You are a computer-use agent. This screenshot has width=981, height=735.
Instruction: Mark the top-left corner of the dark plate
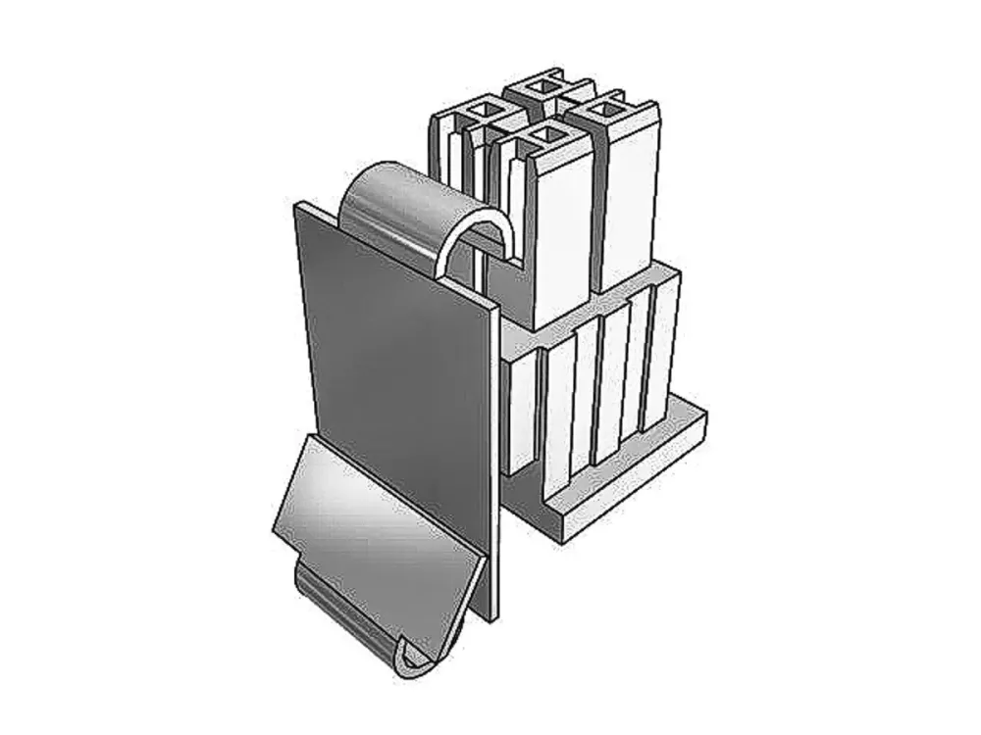click(x=298, y=206)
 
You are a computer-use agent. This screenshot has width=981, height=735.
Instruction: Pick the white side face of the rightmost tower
click(x=628, y=206)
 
